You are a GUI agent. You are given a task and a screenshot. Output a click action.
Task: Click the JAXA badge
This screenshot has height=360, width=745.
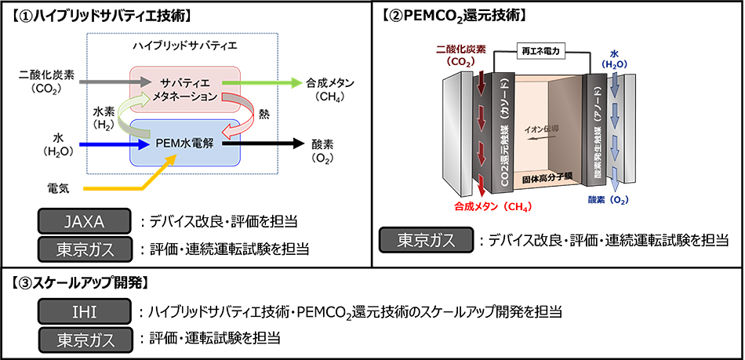(84, 221)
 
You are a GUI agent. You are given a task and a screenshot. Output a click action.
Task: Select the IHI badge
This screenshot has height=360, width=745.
(84, 312)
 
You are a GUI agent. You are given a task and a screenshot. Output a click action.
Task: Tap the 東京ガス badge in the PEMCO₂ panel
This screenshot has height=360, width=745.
(426, 240)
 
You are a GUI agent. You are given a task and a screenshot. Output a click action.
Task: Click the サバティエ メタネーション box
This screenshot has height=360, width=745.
(185, 89)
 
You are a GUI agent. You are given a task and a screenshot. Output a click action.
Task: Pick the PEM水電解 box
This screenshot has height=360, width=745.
(185, 143)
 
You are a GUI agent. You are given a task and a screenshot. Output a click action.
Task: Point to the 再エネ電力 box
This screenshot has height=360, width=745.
(540, 53)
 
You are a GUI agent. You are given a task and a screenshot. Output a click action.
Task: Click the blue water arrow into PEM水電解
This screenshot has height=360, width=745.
(114, 143)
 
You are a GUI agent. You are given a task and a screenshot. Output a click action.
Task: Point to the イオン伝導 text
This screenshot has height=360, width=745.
(540, 128)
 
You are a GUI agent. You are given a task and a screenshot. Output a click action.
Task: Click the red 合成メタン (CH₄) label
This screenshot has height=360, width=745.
(492, 206)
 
